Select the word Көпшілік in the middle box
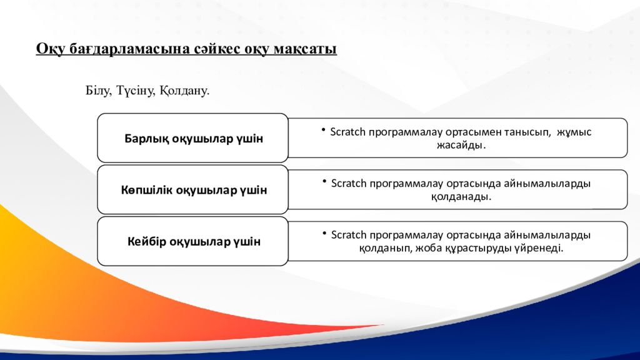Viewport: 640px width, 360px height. tap(146, 190)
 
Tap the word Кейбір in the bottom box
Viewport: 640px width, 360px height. tap(146, 242)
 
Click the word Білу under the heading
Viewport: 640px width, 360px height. tap(98, 91)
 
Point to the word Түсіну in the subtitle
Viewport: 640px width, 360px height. tap(136, 91)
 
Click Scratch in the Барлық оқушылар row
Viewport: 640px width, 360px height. tap(347, 132)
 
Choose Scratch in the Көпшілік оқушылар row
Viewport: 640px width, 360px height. tap(349, 183)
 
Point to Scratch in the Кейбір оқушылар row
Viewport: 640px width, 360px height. tap(349, 235)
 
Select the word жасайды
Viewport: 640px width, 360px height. tap(461, 145)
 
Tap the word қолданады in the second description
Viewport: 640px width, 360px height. tap(461, 197)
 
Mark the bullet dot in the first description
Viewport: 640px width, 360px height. tap(323, 130)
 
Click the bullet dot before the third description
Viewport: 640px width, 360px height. tap(324, 233)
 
